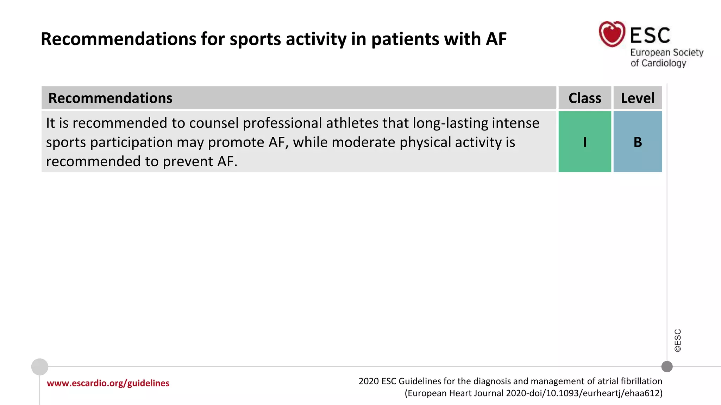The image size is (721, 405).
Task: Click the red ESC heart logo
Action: [612, 34]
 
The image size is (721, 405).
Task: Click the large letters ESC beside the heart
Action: [650, 36]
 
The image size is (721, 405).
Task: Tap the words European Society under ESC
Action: [666, 52]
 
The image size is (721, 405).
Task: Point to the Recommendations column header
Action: [110, 98]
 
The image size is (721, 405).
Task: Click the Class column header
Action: [585, 98]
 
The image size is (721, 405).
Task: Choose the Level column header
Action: [638, 98]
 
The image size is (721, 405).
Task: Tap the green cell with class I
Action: [585, 142]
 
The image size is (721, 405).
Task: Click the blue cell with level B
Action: [638, 142]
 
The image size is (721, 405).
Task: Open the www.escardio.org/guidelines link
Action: [108, 383]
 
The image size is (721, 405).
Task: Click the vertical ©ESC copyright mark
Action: [678, 340]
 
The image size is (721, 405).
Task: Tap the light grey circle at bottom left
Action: [40, 367]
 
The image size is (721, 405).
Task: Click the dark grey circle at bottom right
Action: [667, 367]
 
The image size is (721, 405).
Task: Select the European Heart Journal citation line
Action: [533, 393]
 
